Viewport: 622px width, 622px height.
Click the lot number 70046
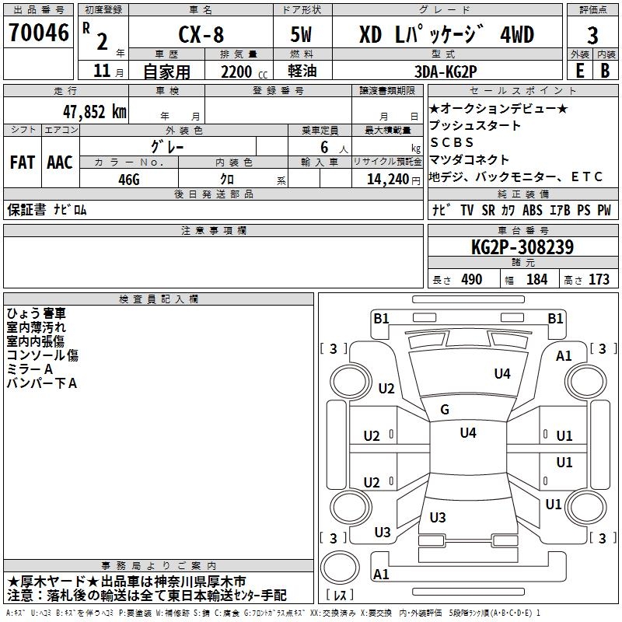click(39, 33)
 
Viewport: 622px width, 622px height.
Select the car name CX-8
click(201, 34)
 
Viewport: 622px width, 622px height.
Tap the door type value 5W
click(301, 34)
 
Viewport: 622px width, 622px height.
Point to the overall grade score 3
click(592, 36)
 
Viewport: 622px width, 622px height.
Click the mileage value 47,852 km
click(95, 112)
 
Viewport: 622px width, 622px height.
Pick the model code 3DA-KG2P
click(446, 72)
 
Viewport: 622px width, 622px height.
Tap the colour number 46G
click(129, 180)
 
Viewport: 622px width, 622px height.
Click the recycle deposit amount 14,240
click(388, 180)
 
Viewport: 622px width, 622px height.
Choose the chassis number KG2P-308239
click(522, 247)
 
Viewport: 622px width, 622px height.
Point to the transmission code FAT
click(23, 162)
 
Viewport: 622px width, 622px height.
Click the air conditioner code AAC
click(60, 162)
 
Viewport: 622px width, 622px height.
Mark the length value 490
click(472, 280)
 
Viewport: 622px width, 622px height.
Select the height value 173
click(599, 280)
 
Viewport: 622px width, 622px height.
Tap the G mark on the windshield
click(445, 410)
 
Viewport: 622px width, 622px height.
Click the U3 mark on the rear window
click(438, 517)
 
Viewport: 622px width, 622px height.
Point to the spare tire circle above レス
click(340, 568)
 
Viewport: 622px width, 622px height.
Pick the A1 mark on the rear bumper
click(381, 574)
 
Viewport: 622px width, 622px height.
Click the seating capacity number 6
click(324, 147)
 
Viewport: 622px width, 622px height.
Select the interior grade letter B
click(605, 71)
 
